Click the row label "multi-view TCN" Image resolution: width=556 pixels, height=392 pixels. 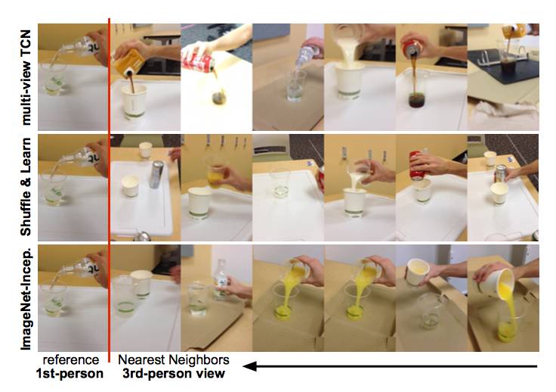tap(26, 77)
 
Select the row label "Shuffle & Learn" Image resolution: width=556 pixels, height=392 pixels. tap(26, 187)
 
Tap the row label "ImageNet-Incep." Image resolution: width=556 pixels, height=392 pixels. tap(26, 298)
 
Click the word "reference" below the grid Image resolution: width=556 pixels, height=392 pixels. tap(70, 359)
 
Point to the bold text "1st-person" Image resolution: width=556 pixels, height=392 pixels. tap(69, 374)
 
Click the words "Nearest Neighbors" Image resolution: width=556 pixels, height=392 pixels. tap(174, 359)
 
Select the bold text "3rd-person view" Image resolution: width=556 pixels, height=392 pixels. tap(174, 374)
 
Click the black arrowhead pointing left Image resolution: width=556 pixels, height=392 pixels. tap(249, 366)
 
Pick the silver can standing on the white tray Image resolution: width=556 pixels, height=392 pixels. tap(156, 174)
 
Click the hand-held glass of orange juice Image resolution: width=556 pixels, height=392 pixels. tap(215, 176)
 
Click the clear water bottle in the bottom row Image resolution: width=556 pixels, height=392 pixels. tap(221, 279)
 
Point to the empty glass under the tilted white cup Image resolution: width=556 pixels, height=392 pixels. tap(430, 311)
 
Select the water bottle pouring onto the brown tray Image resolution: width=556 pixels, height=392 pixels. tap(307, 53)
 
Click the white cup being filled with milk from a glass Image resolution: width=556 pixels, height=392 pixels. tap(355, 203)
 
